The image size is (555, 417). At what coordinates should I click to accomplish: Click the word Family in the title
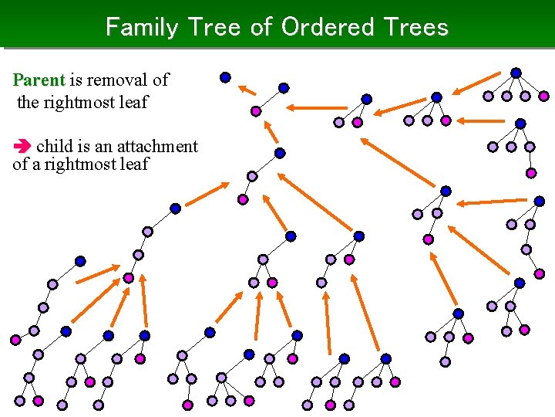coord(142,27)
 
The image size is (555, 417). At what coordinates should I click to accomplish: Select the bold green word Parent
coord(39,80)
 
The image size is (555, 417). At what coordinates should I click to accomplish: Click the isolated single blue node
coord(225,77)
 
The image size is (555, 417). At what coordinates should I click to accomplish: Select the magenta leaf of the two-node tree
coord(256,111)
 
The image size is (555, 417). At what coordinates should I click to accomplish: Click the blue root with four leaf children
coord(516,73)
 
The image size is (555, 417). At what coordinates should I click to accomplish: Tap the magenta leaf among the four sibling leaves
coord(544,97)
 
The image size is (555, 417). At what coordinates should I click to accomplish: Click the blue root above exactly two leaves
coord(367,99)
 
